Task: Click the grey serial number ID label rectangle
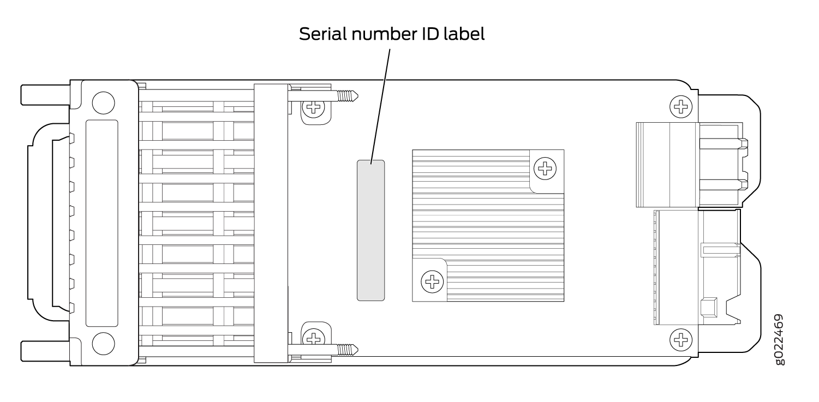pyautogui.click(x=370, y=230)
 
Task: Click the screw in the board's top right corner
pyautogui.click(x=680, y=105)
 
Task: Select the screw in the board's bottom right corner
pyautogui.click(x=680, y=340)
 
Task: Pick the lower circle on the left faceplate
pyautogui.click(x=103, y=344)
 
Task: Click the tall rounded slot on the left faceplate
pyautogui.click(x=102, y=223)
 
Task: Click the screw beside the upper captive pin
pyautogui.click(x=314, y=107)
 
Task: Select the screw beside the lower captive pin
pyautogui.click(x=314, y=338)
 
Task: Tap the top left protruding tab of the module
pyautogui.click(x=45, y=94)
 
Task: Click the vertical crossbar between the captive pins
pyautogui.click(x=271, y=223)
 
